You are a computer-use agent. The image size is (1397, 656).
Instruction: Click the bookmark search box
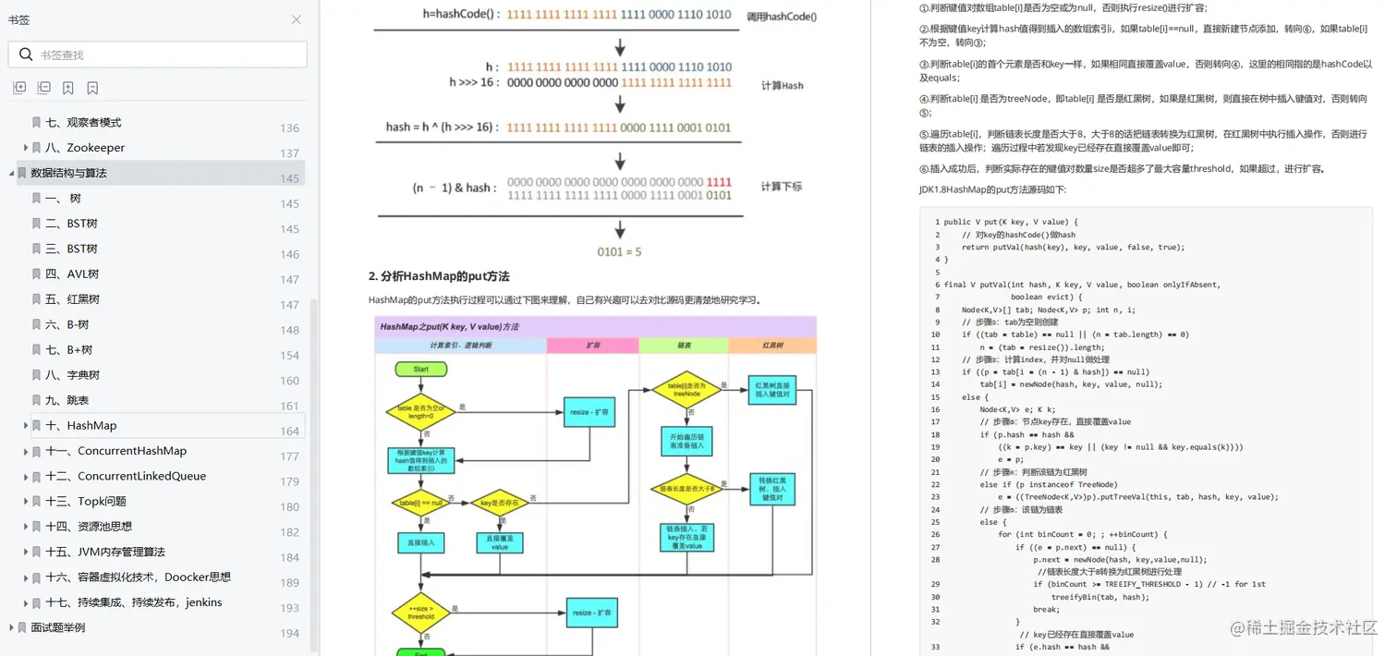point(166,55)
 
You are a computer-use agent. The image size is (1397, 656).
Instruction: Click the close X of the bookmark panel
point(296,19)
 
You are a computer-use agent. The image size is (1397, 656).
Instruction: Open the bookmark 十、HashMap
point(91,426)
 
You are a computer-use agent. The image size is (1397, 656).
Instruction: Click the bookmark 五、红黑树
point(72,299)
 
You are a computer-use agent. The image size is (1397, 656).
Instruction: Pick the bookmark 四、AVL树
point(72,274)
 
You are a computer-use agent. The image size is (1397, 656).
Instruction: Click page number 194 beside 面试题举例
point(290,633)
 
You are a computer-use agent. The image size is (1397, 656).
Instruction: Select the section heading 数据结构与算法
point(68,173)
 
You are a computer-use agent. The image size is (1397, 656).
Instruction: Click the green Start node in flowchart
point(420,369)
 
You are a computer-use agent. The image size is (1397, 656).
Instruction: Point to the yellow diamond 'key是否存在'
point(499,504)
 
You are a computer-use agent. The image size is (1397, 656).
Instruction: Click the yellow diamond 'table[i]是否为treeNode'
point(686,389)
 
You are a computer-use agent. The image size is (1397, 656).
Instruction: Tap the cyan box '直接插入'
point(420,542)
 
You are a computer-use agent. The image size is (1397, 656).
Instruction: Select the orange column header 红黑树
point(772,346)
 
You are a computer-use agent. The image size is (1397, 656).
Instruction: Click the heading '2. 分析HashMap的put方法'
point(439,276)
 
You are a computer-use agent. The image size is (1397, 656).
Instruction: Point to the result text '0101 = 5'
point(620,251)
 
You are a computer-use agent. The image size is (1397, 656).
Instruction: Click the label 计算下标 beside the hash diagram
point(782,187)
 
